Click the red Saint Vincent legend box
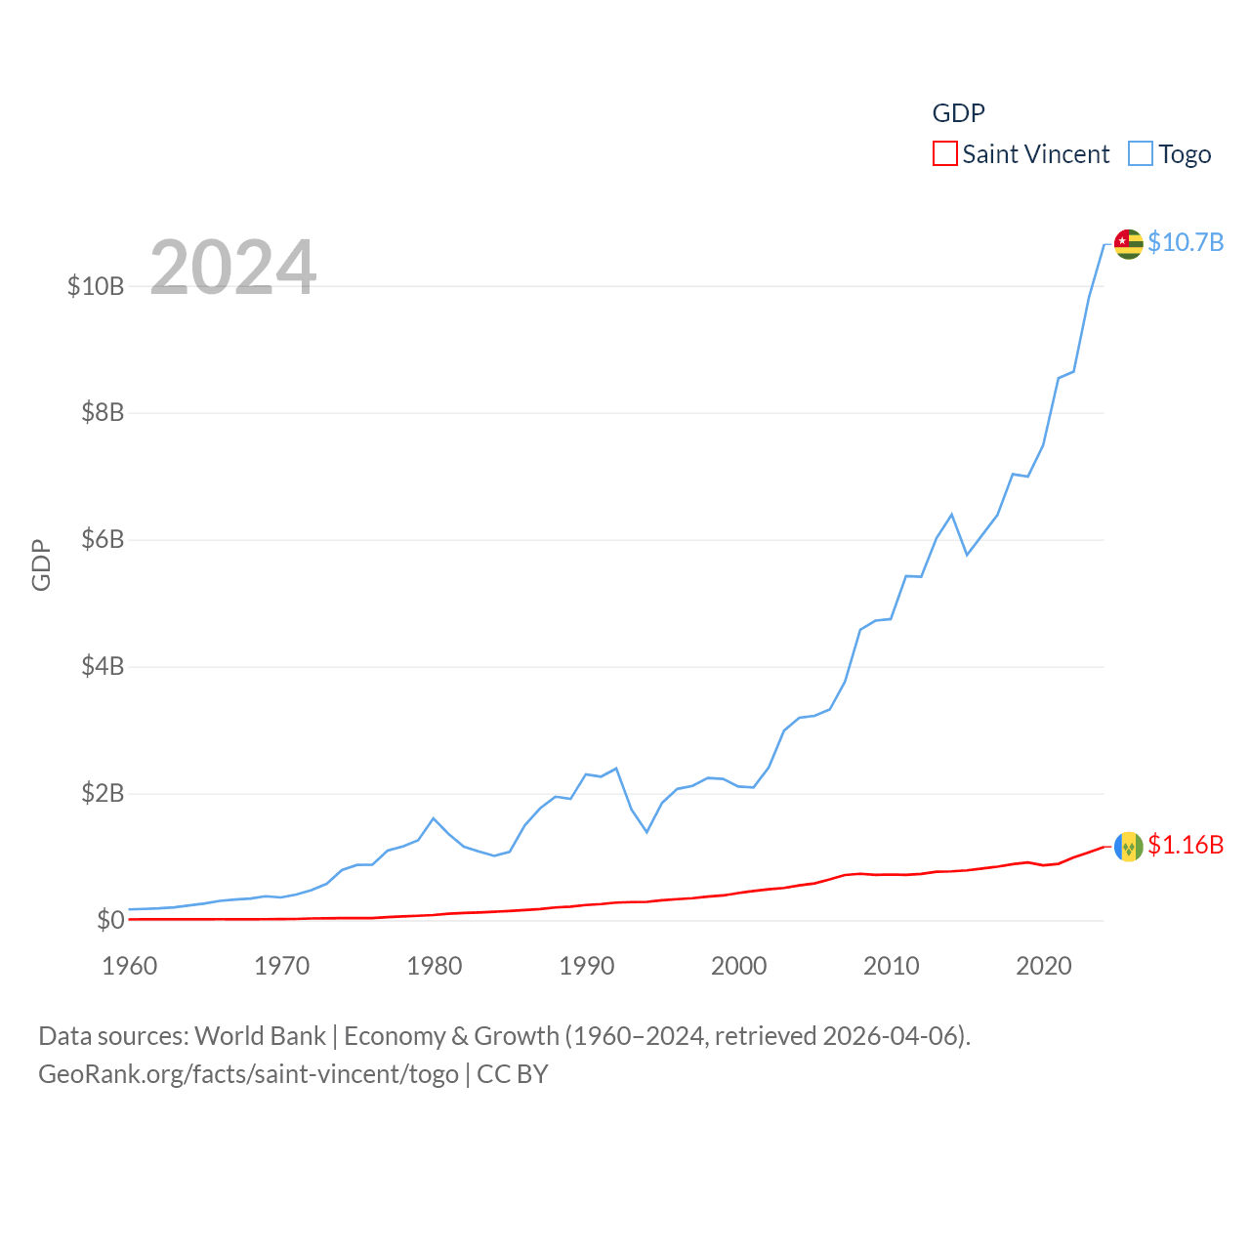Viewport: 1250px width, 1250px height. [944, 154]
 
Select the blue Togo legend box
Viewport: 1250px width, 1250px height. [1140, 154]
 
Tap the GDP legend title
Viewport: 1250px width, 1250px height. [958, 113]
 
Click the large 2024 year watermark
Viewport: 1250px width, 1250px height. [232, 267]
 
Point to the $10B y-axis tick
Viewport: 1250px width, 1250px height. [96, 286]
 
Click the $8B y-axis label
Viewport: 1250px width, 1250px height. [103, 413]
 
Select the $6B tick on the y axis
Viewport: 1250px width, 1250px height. [103, 540]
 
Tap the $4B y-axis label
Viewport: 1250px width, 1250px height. [103, 667]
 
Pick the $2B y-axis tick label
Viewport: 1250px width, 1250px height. [103, 794]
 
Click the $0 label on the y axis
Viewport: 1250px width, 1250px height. [110, 921]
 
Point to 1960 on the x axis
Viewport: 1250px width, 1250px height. [130, 966]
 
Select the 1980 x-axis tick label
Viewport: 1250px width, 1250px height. [435, 966]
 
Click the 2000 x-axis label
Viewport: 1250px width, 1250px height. [739, 966]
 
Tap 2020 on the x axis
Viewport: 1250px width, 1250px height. [1044, 966]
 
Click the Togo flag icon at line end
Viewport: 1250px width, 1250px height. [1128, 244]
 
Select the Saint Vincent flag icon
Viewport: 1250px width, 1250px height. [1128, 846]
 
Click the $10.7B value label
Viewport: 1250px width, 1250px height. [1186, 242]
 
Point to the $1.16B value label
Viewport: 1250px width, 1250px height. [1186, 845]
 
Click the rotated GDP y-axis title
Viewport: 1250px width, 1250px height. [41, 564]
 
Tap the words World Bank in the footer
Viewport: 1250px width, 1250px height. [260, 1035]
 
